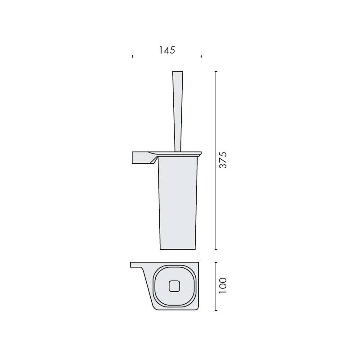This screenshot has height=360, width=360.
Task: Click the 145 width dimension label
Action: point(167,50)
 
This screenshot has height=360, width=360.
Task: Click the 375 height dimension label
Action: point(223,160)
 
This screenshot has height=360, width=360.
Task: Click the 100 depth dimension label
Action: point(223,285)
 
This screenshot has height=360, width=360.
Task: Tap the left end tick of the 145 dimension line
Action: point(132,56)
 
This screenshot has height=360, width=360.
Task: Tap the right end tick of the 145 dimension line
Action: point(201,56)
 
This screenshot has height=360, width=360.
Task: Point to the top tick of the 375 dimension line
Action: point(216,72)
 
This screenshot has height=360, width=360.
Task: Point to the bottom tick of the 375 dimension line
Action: point(216,249)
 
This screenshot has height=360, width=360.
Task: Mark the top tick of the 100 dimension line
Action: point(216,262)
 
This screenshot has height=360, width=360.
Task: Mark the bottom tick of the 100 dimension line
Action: point(216,310)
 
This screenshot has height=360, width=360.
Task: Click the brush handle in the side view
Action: point(178,112)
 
